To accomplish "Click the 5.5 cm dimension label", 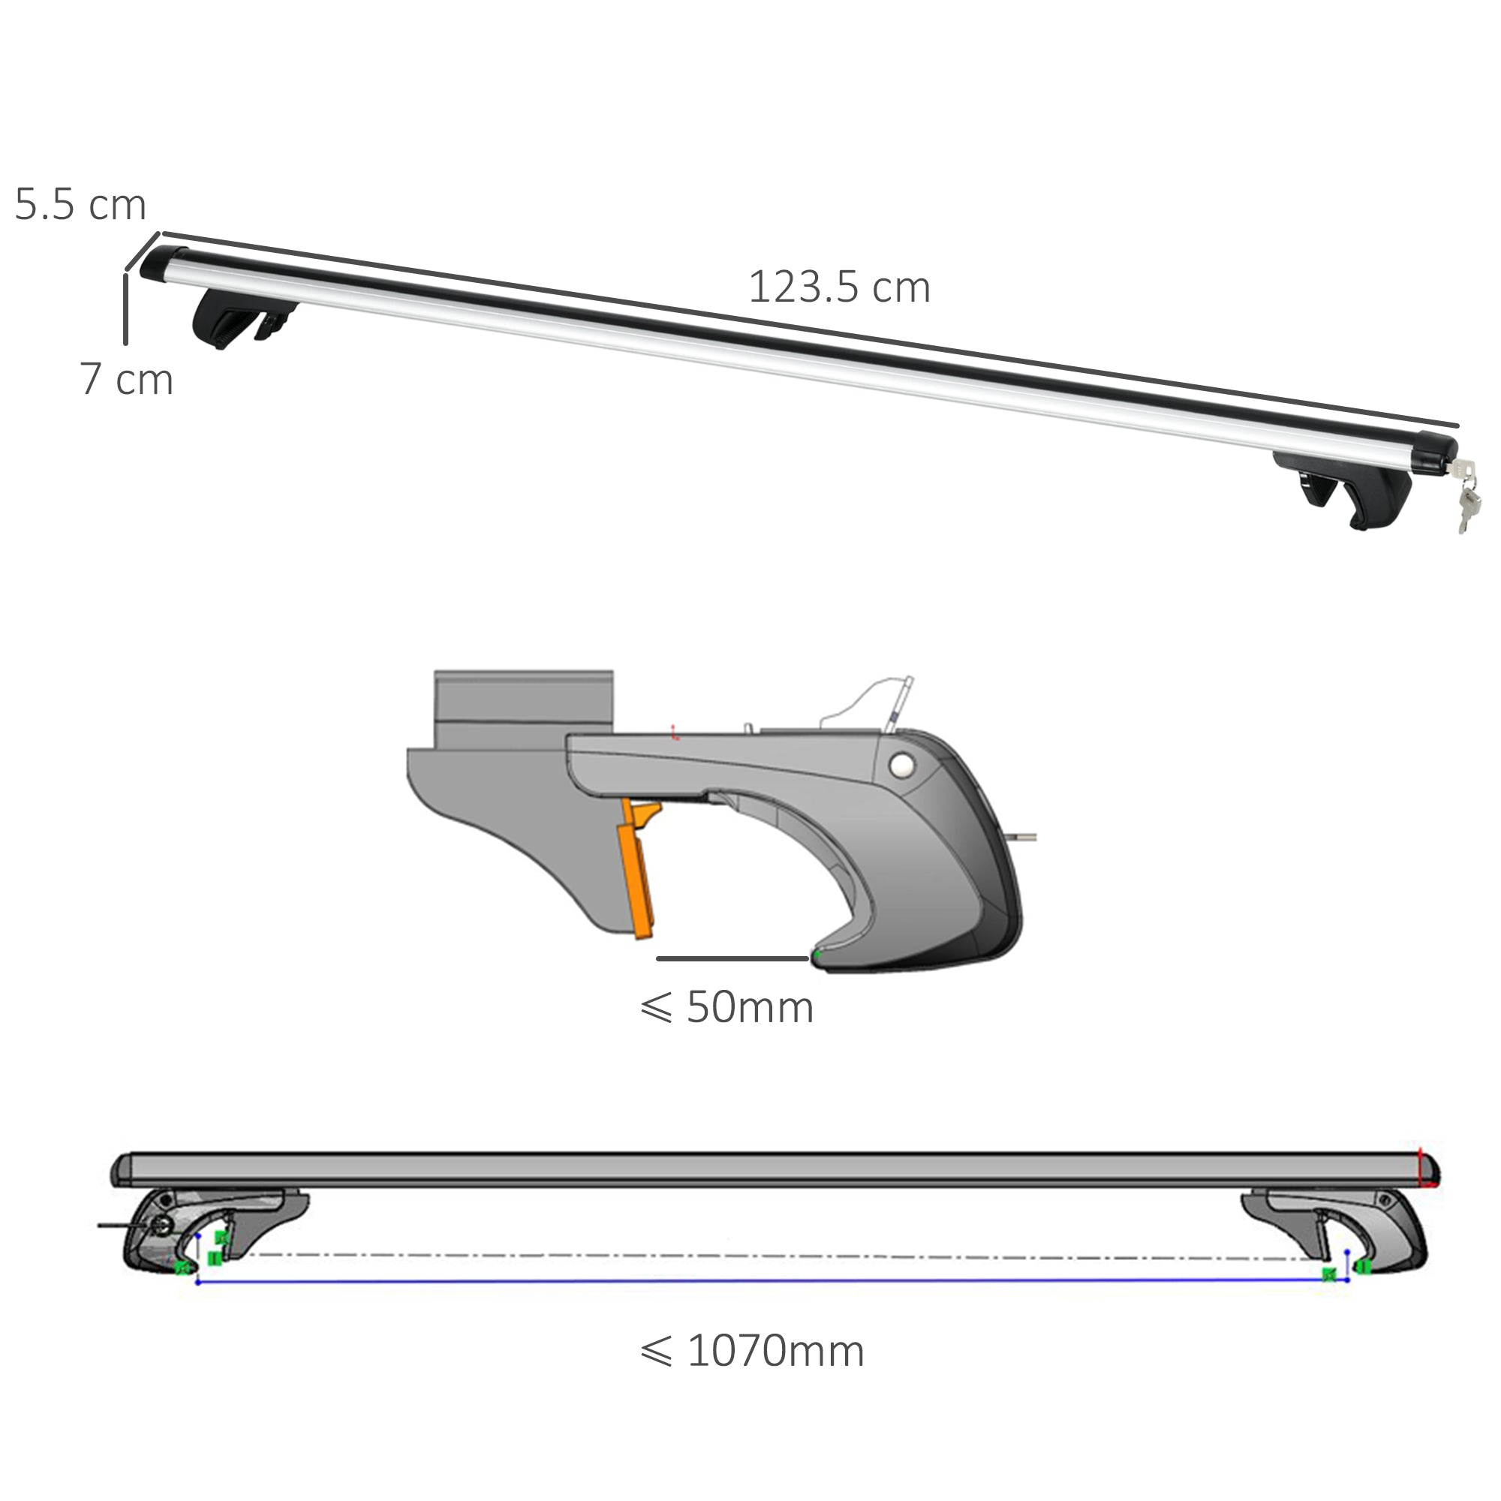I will (80, 205).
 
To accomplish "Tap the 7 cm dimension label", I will (127, 379).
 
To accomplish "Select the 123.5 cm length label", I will (839, 287).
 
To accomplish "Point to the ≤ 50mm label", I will (726, 1008).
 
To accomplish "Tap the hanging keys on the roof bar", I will (1465, 498).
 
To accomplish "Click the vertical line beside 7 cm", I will (125, 308).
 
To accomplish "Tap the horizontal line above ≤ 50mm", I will (732, 958).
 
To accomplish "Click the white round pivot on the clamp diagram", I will (902, 766).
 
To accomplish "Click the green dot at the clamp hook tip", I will (817, 952).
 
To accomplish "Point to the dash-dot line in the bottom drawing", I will (777, 1256).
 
